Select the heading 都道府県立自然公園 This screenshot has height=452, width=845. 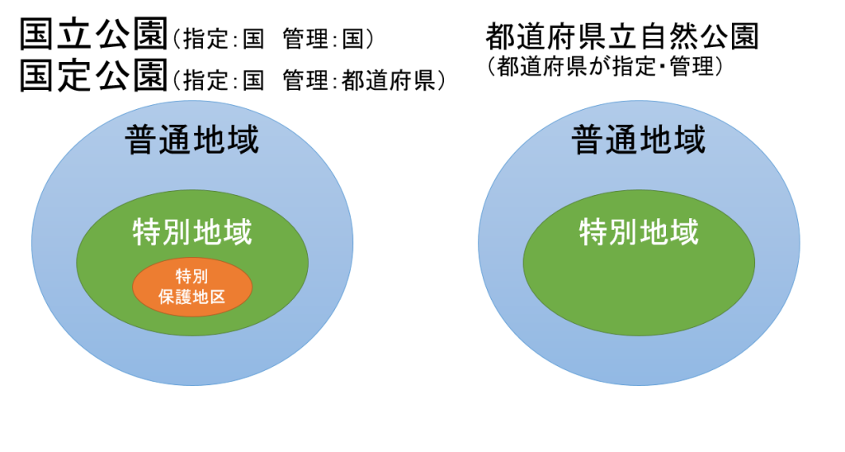pyautogui.click(x=622, y=36)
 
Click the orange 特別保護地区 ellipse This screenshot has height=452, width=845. pyautogui.click(x=192, y=287)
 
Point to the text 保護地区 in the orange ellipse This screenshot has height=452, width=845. pyautogui.click(x=191, y=296)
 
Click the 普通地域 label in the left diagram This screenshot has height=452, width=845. pyautogui.click(x=191, y=140)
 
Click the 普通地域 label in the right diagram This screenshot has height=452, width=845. pyautogui.click(x=639, y=140)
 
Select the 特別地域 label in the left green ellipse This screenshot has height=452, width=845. pyautogui.click(x=192, y=232)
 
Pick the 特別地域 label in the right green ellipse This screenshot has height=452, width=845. pyautogui.click(x=640, y=232)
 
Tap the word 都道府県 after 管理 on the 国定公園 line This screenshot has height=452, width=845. pyautogui.click(x=389, y=81)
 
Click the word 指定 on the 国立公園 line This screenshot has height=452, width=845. pyautogui.click(x=205, y=40)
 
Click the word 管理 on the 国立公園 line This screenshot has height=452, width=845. pyautogui.click(x=305, y=40)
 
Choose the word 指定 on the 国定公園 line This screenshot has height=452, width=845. pyautogui.click(x=205, y=81)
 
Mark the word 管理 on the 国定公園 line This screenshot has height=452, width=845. pyautogui.click(x=305, y=81)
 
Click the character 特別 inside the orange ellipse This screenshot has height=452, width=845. pyautogui.click(x=191, y=276)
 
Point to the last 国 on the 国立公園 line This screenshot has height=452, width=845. pyautogui.click(x=353, y=40)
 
